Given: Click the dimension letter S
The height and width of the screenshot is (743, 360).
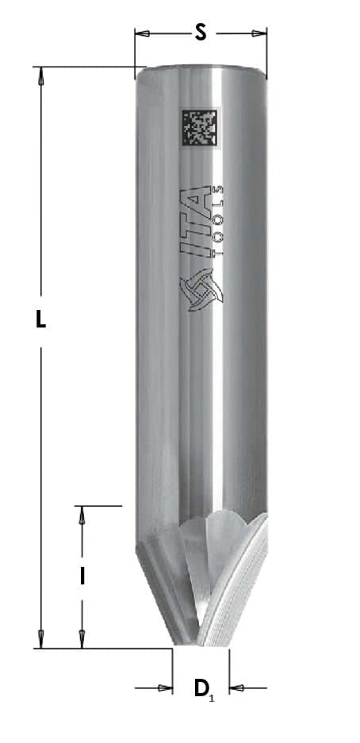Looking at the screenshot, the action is tap(201, 33).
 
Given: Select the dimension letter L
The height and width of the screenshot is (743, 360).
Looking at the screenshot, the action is tap(41, 320).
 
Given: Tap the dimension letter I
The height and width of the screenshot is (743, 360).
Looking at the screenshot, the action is tap(82, 576).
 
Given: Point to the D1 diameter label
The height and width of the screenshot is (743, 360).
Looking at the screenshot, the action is tap(204, 688).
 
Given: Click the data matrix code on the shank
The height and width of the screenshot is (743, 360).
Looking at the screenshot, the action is tap(199, 128).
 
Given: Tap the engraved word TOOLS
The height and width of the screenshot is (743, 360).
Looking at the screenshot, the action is tap(217, 222).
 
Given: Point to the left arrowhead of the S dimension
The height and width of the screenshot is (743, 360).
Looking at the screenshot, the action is tap(142, 33).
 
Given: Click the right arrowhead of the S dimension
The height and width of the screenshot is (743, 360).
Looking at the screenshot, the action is tap(259, 33).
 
